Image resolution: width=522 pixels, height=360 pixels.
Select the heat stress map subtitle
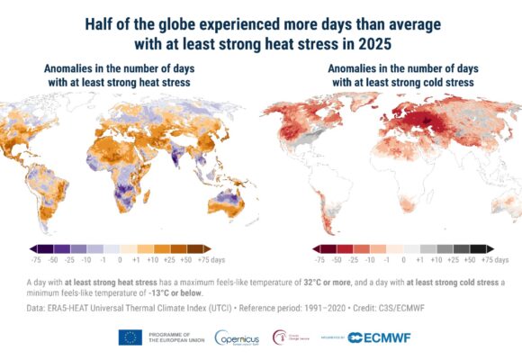(x=121, y=76)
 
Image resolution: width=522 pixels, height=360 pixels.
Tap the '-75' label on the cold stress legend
(x=319, y=258)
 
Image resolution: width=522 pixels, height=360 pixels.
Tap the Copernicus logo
(x=234, y=337)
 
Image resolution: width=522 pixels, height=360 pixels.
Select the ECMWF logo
(x=374, y=337)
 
